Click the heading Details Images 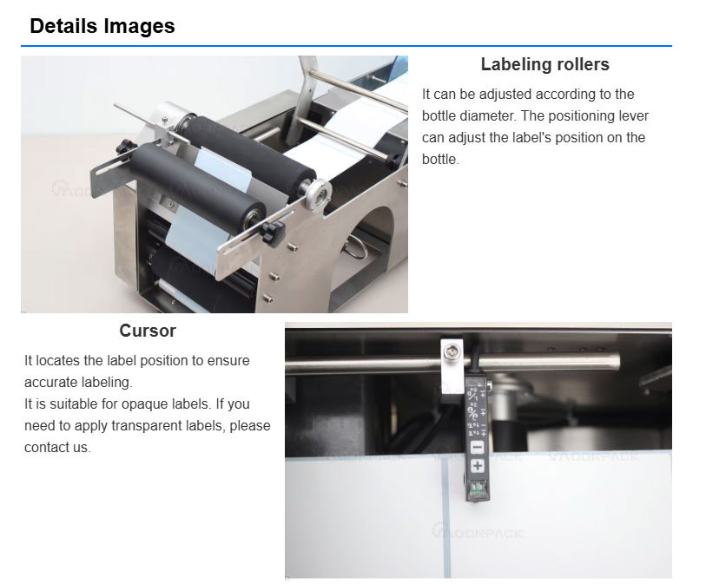click(x=102, y=26)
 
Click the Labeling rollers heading click(x=544, y=64)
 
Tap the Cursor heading click(x=148, y=331)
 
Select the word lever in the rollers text click(x=634, y=115)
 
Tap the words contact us click(x=57, y=447)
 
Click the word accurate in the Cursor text click(x=49, y=383)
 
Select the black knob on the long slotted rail click(x=273, y=233)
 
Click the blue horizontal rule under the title click(x=346, y=46)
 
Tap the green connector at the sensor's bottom click(x=477, y=488)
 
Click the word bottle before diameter click(x=439, y=115)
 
